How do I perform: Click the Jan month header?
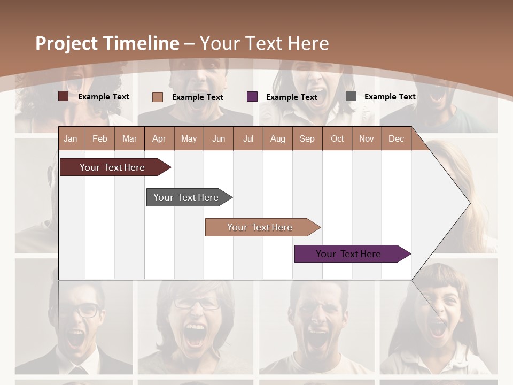(x=71, y=138)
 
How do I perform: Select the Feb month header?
(x=100, y=138)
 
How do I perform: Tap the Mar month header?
(x=129, y=138)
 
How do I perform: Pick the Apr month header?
(x=159, y=138)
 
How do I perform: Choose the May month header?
(x=189, y=138)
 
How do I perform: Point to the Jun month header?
(x=219, y=138)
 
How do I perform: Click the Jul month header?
(x=248, y=138)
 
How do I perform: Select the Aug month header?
(x=278, y=138)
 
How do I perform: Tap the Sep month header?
(x=307, y=138)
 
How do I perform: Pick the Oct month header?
(x=337, y=138)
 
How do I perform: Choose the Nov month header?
(x=367, y=138)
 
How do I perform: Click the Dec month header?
(x=396, y=138)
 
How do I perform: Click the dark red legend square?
(x=63, y=96)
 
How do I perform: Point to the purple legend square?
(x=252, y=97)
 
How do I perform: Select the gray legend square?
(x=351, y=96)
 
